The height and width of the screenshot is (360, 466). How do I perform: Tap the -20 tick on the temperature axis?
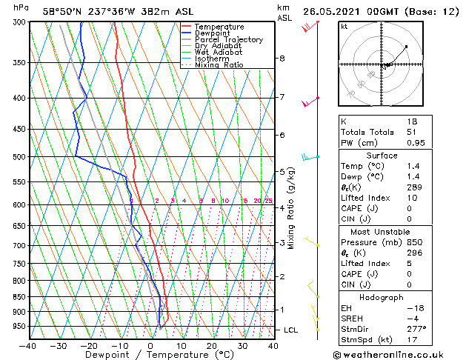coord(89,345)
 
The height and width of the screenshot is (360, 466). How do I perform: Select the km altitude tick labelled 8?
coord(282,59)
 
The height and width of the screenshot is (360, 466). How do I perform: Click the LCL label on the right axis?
coord(291,330)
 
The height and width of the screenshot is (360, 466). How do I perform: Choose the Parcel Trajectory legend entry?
coord(228,40)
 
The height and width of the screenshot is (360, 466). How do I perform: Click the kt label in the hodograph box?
coord(344,27)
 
